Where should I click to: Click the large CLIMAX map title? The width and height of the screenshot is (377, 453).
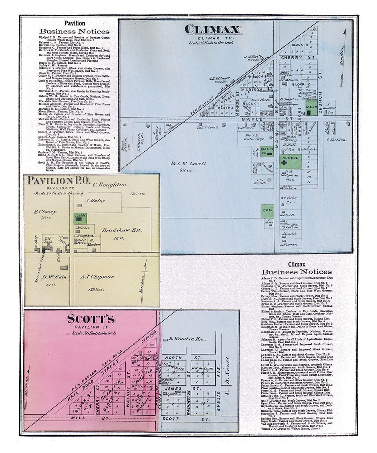tap(213, 29)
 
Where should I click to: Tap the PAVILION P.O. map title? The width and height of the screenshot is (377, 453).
tap(59, 181)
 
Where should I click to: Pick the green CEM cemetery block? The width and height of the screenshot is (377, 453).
tap(267, 211)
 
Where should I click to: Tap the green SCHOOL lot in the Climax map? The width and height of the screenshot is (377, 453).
tap(290, 161)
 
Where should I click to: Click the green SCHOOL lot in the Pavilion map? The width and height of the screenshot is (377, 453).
tap(80, 218)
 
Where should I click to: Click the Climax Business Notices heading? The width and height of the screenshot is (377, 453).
tap(297, 268)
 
